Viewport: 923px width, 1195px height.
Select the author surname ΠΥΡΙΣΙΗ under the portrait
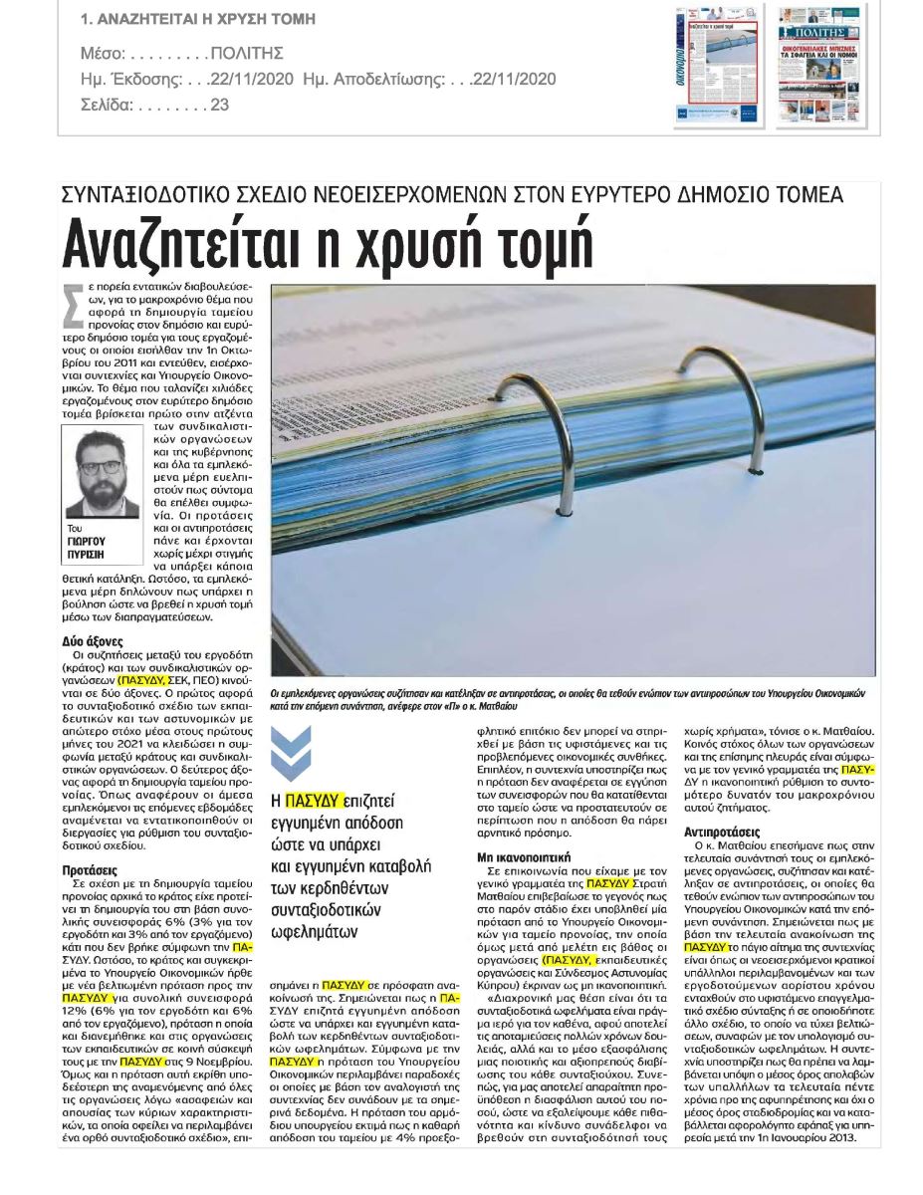tap(88, 553)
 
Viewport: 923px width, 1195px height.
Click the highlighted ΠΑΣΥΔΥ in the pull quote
tap(312, 799)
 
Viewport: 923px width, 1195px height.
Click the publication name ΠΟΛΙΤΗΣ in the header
tap(248, 53)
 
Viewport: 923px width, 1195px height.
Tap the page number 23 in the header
tap(219, 104)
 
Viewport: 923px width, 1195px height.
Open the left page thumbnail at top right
tap(719, 65)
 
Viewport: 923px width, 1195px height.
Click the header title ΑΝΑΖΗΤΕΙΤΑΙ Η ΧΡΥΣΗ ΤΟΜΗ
tap(198, 19)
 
